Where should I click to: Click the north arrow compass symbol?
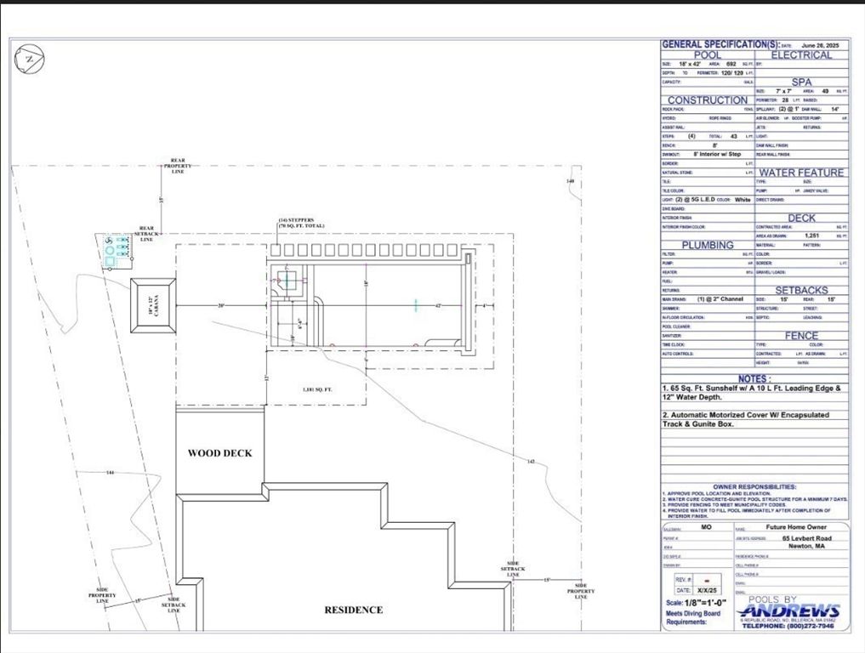[29, 59]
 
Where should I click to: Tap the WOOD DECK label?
[219, 453]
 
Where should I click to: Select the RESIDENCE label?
[354, 610]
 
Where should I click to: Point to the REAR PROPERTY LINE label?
[177, 165]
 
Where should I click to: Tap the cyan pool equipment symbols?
[115, 252]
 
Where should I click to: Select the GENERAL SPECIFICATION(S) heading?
[720, 44]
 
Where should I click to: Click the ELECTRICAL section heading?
[800, 55]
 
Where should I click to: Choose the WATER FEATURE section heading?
[800, 173]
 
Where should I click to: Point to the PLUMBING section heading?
[707, 245]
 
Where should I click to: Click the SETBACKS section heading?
[800, 290]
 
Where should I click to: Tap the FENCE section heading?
[800, 336]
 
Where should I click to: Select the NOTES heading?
[754, 378]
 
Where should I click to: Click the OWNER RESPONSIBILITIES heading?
[754, 486]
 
